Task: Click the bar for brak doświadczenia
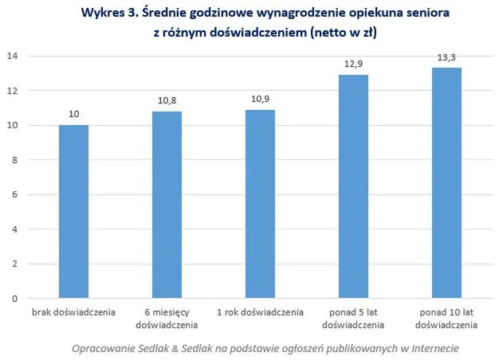click(x=73, y=212)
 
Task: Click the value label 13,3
click(x=446, y=58)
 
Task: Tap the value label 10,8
click(x=167, y=101)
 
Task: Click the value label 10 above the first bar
click(x=73, y=115)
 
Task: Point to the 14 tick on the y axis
click(x=12, y=57)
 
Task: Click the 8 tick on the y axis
click(x=14, y=160)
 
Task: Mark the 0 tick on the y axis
click(x=14, y=299)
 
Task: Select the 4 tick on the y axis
click(x=14, y=229)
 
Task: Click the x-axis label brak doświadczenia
click(x=73, y=312)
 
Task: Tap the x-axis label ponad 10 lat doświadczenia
click(x=446, y=319)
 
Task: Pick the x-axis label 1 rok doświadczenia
click(x=260, y=312)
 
